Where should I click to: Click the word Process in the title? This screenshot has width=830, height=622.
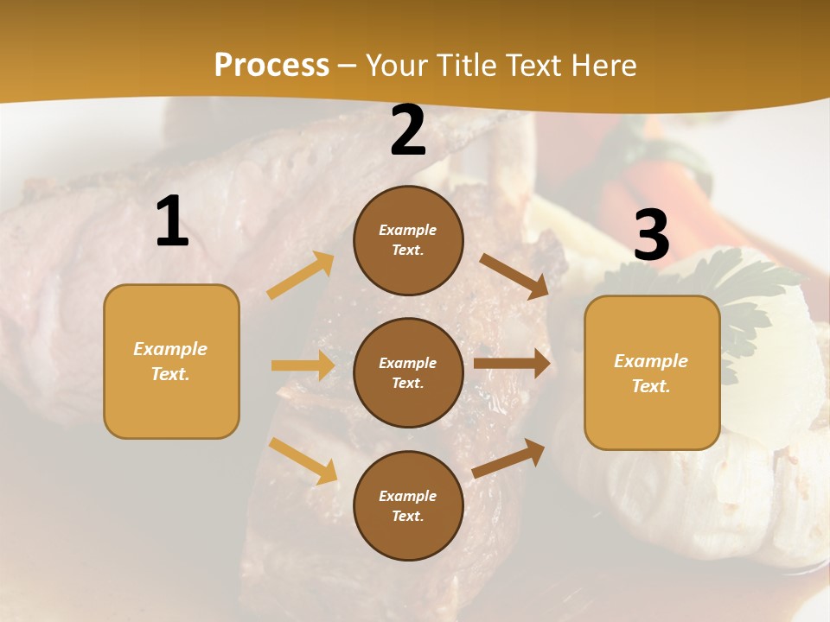point(271,66)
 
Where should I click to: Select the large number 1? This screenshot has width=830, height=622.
point(172,222)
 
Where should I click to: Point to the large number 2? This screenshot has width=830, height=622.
point(408,130)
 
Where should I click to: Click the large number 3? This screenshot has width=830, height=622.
point(651,235)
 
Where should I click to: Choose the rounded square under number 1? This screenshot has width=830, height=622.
point(171,361)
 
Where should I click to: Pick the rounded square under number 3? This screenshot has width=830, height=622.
point(652,372)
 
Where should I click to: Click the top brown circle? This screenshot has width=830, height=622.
point(408,240)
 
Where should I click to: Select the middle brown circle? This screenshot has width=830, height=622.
point(408,372)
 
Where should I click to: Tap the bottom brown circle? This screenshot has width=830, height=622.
point(408,505)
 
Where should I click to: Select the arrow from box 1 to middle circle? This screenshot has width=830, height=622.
point(303,365)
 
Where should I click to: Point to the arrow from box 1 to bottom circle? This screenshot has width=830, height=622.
point(303,460)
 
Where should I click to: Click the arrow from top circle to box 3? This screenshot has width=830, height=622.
point(514,276)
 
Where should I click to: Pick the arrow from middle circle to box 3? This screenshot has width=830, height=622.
point(512,363)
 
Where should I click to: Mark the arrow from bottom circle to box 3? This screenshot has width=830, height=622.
point(508,458)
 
